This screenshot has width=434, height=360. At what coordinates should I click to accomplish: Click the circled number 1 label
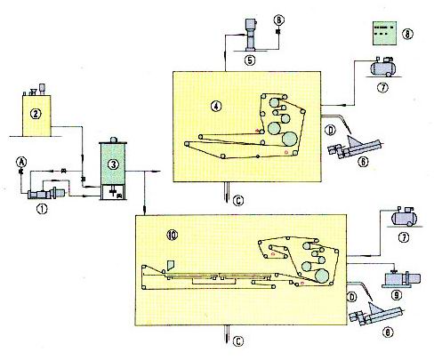(x=42, y=209)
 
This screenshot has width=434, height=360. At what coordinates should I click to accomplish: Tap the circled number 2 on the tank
(x=36, y=114)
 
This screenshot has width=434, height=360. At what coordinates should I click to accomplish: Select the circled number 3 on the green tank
(x=113, y=164)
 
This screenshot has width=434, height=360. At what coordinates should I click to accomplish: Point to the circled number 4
(x=216, y=106)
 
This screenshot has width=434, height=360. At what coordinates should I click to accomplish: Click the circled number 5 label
(x=250, y=60)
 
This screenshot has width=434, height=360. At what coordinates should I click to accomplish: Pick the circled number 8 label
(x=407, y=34)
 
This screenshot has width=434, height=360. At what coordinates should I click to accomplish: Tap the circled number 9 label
(x=396, y=295)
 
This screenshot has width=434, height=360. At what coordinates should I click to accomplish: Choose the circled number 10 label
(x=173, y=235)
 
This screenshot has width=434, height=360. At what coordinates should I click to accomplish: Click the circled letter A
(x=21, y=162)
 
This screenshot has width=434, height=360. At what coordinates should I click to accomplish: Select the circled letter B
(x=278, y=20)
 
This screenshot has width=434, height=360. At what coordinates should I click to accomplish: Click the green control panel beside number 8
(x=384, y=33)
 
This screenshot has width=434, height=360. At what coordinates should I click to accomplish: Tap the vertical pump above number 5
(x=251, y=35)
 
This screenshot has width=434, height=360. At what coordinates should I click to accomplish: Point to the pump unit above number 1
(x=46, y=194)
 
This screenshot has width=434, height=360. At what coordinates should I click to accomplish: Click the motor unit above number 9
(x=402, y=278)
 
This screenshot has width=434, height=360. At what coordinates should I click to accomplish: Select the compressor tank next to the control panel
(x=382, y=67)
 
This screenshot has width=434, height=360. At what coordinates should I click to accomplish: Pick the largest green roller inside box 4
(x=290, y=139)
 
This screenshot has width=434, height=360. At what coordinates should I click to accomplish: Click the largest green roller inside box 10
(x=322, y=276)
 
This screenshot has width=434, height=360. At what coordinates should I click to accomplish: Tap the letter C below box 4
(x=238, y=201)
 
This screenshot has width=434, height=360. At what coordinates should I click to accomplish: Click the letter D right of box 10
(x=351, y=297)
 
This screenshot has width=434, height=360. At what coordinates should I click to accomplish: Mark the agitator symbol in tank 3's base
(x=113, y=192)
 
